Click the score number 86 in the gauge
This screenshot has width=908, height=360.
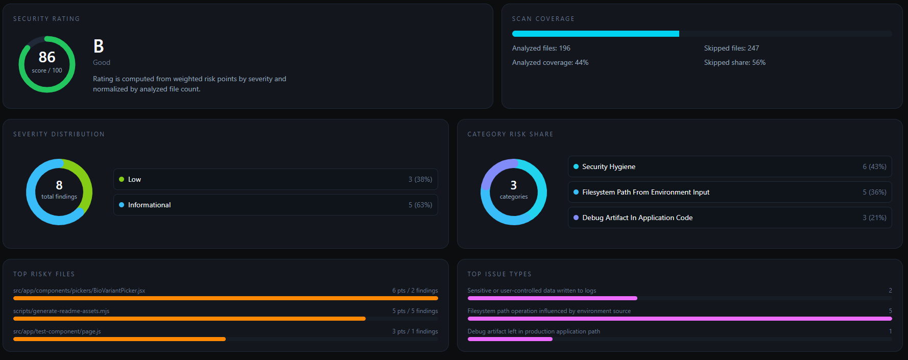coord(47,57)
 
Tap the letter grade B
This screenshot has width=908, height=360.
coord(99,46)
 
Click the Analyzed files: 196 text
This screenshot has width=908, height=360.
coord(541,48)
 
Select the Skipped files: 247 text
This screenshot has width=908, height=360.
coord(731,48)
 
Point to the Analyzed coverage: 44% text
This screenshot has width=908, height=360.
coord(550,62)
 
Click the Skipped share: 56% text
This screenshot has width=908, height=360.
coord(734,62)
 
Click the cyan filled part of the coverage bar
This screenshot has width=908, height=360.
coord(595,34)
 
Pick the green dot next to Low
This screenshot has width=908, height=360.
coord(122,179)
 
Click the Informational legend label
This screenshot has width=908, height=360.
coord(149,205)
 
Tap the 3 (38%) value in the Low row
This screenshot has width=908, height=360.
coord(420,179)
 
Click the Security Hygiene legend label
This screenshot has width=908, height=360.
coord(609,166)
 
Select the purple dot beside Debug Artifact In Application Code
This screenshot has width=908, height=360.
coord(576,218)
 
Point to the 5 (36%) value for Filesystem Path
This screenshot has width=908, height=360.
coord(874,192)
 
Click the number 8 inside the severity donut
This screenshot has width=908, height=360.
coord(59,185)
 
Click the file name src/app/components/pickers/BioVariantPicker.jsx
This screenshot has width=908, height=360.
coord(79,291)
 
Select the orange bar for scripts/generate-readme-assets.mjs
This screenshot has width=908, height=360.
coord(189,319)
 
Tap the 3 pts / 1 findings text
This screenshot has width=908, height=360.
coord(415,331)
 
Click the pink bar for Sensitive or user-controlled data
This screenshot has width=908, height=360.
coord(552,298)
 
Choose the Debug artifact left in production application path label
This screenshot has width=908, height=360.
coord(534,331)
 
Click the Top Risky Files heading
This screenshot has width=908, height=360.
coord(44,274)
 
